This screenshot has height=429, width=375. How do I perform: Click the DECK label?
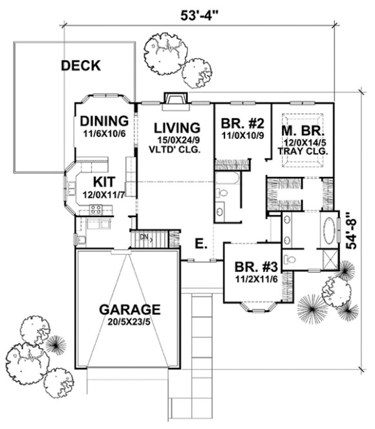click(x=81, y=65)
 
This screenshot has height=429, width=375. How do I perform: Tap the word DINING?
click(x=103, y=121)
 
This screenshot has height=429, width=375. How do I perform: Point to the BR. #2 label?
click(x=240, y=124)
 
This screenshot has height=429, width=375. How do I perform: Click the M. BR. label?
click(x=303, y=129)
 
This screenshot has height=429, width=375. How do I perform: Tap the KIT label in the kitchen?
click(x=103, y=182)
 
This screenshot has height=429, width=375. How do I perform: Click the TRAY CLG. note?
click(x=303, y=151)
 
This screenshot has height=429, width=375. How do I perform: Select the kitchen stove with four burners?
click(x=96, y=209)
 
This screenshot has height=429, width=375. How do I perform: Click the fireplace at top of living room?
click(x=174, y=99)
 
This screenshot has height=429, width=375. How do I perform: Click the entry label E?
click(x=201, y=243)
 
